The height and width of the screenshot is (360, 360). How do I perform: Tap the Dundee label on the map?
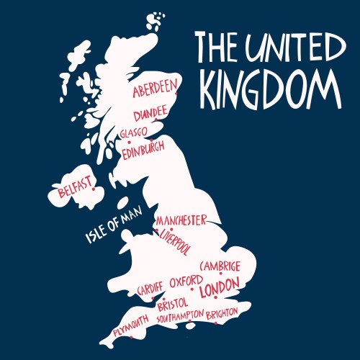(150, 113)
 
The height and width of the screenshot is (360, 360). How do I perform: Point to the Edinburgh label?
(143, 150)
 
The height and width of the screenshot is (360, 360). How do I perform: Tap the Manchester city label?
(181, 220)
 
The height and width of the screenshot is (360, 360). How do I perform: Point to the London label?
(218, 289)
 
